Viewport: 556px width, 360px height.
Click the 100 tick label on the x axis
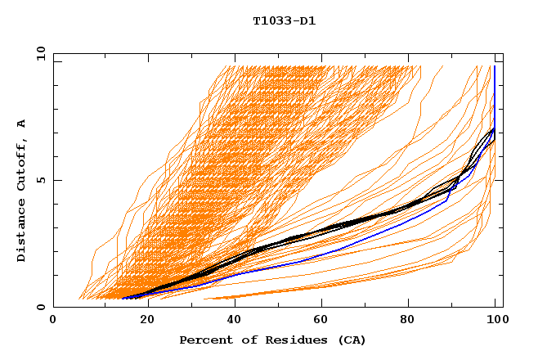point(495,320)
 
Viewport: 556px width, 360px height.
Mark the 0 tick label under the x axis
point(53,320)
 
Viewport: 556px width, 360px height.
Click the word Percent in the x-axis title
point(202,340)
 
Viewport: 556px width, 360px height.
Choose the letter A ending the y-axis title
point(21,124)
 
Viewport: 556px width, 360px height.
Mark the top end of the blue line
point(494,66)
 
